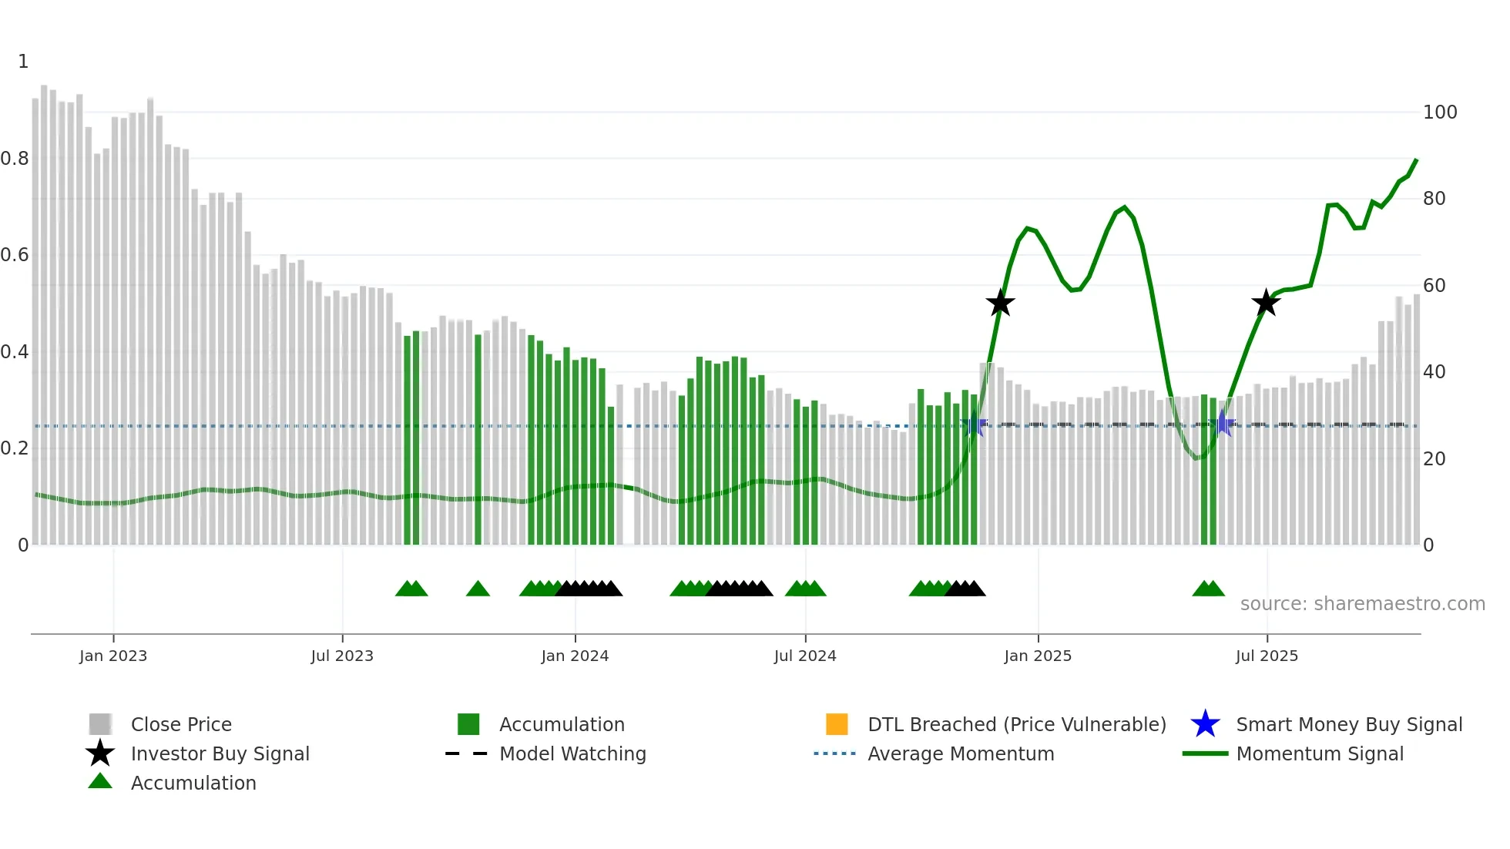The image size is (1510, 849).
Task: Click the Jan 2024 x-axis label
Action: tap(575, 656)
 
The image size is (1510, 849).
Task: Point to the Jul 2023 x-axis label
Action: tap(342, 656)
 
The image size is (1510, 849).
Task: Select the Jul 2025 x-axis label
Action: tap(1267, 656)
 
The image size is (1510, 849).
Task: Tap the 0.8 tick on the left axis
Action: tap(15, 159)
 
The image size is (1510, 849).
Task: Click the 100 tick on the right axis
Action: tap(1439, 112)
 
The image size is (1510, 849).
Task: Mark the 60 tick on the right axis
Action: tap(1434, 286)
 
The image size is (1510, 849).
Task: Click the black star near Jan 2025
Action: tap(1000, 304)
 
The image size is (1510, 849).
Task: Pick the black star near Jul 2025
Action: tap(1266, 303)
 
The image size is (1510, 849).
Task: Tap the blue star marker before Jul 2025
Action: tap(1222, 424)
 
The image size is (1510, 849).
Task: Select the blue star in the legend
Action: tap(1205, 724)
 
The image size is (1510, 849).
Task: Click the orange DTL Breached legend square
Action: tap(837, 724)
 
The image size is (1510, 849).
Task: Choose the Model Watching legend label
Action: tap(572, 753)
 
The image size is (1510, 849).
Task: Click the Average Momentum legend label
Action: tap(961, 753)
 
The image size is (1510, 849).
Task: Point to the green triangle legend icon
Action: tap(100, 781)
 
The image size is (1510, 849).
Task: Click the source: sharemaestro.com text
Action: tap(1362, 604)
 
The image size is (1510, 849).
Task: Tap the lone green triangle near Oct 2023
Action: tap(478, 589)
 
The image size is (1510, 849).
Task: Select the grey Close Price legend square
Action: tap(100, 724)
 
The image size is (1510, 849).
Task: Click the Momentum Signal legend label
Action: tap(1320, 753)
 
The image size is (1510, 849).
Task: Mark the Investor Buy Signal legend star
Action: tap(100, 753)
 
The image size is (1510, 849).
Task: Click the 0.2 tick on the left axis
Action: tap(15, 448)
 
